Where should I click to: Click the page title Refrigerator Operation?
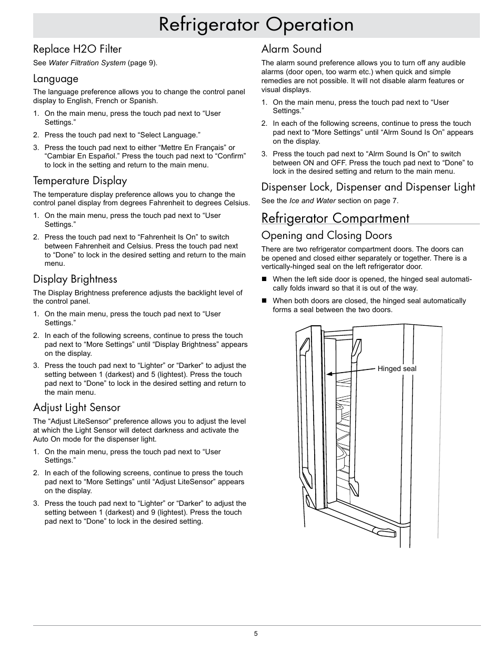pyautogui.click(x=256, y=25)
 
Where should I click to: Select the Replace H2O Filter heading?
pyautogui.click(x=77, y=49)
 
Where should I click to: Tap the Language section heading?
pyautogui.click(x=56, y=79)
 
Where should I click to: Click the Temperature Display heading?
pyautogui.click(x=80, y=181)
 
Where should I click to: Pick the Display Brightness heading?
pyautogui.click(x=75, y=279)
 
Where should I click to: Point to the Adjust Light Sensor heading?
pyautogui.click(x=77, y=407)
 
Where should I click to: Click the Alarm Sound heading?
pyautogui.click(x=292, y=49)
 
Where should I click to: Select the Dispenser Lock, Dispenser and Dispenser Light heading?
pyautogui.click(x=368, y=187)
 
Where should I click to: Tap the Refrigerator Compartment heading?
pyautogui.click(x=335, y=218)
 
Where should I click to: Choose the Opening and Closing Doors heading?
pyautogui.click(x=327, y=235)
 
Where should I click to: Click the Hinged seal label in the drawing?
pyautogui.click(x=397, y=369)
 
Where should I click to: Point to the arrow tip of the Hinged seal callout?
pyautogui.click(x=328, y=374)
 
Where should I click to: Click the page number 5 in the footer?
pyautogui.click(x=256, y=634)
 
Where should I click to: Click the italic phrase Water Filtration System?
pyautogui.click(x=87, y=63)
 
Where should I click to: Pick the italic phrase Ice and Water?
pyautogui.click(x=313, y=201)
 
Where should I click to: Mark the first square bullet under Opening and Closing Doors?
pyautogui.click(x=265, y=279)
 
